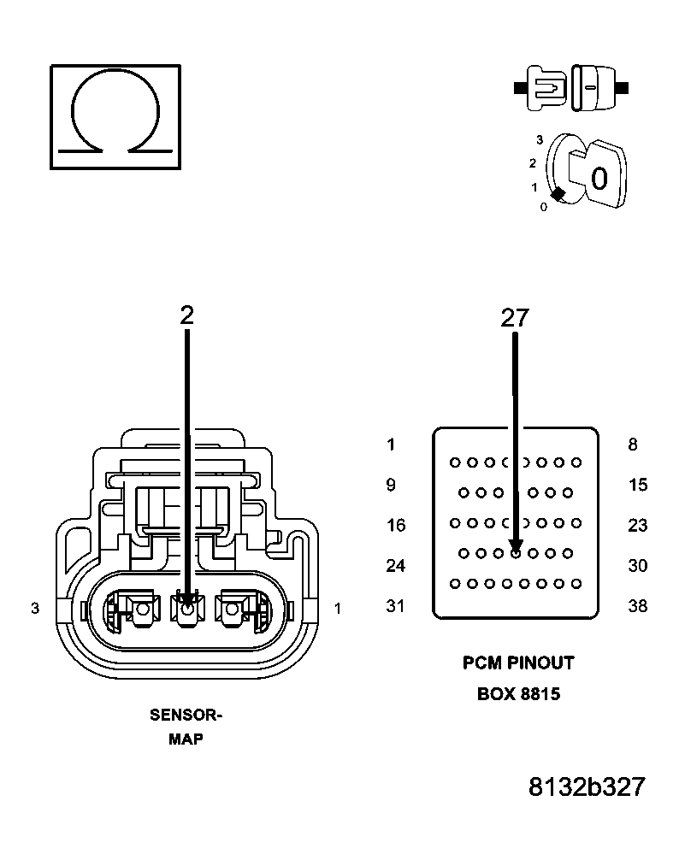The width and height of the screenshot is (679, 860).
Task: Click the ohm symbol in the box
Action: click(115, 115)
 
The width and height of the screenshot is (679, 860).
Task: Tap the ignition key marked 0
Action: click(599, 176)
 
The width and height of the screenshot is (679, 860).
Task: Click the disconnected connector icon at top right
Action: click(571, 87)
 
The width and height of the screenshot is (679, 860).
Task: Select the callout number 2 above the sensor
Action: click(186, 315)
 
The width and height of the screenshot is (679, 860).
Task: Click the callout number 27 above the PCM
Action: click(515, 318)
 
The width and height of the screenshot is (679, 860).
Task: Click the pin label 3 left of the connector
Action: click(35, 609)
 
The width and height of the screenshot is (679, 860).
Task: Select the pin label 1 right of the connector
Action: click(338, 609)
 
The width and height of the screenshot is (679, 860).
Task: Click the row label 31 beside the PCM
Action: click(395, 606)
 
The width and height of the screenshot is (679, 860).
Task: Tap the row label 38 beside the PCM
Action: click(637, 606)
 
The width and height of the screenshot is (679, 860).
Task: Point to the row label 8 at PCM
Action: click(632, 445)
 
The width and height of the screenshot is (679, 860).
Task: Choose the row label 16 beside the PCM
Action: click(395, 525)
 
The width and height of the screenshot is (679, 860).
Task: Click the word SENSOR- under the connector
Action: click(186, 716)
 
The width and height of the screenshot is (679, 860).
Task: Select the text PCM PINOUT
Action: click(518, 663)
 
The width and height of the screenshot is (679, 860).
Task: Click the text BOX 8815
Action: click(518, 694)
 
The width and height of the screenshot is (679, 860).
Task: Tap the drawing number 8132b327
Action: click(586, 787)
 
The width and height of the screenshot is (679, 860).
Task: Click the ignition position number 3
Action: click(540, 138)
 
